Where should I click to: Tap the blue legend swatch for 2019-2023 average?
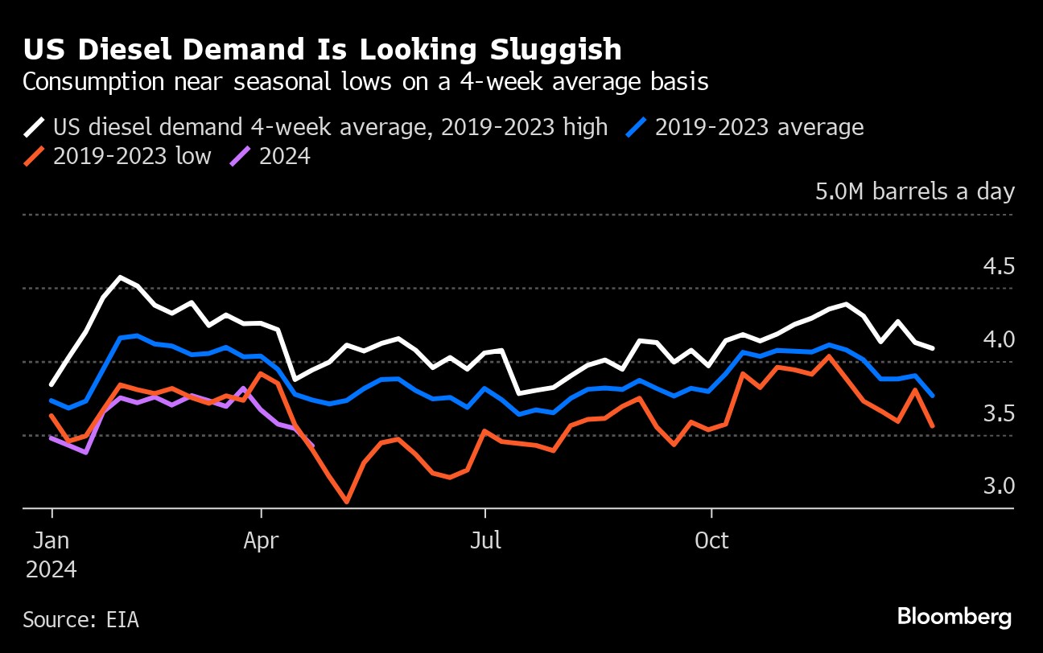[x=637, y=127]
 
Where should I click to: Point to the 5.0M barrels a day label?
[x=915, y=191]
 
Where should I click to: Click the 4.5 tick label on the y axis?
[x=999, y=266]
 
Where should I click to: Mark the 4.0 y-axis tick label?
[x=999, y=339]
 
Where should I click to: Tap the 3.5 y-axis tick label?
[x=999, y=413]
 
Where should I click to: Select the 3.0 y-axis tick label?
[x=999, y=487]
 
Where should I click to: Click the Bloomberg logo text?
[x=954, y=618]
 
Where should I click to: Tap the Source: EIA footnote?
[x=80, y=620]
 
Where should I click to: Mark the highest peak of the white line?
[x=121, y=277]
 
